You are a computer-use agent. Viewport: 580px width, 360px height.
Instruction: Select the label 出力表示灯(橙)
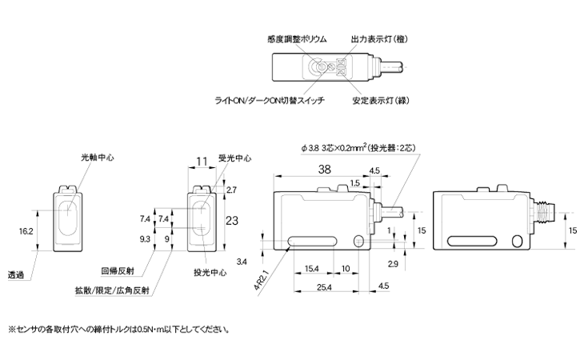tap(377, 38)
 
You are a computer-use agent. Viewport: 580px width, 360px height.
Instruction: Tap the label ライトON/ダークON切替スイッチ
tap(266, 102)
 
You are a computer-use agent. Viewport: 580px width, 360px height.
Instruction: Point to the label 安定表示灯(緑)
tap(381, 102)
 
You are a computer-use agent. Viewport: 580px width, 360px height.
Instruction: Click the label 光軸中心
tap(97, 158)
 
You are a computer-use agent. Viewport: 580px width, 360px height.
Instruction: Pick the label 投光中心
tap(210, 272)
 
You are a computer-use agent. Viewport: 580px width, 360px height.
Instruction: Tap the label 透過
tap(15, 276)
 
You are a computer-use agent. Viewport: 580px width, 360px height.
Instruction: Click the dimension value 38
tap(325, 169)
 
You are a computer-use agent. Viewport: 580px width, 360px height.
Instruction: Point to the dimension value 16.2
tap(26, 230)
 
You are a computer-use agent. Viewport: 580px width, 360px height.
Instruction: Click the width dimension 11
tap(201, 161)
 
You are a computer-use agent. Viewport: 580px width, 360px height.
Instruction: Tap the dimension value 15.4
tap(312, 268)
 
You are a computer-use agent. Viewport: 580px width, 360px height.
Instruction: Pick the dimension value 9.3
tap(145, 238)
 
